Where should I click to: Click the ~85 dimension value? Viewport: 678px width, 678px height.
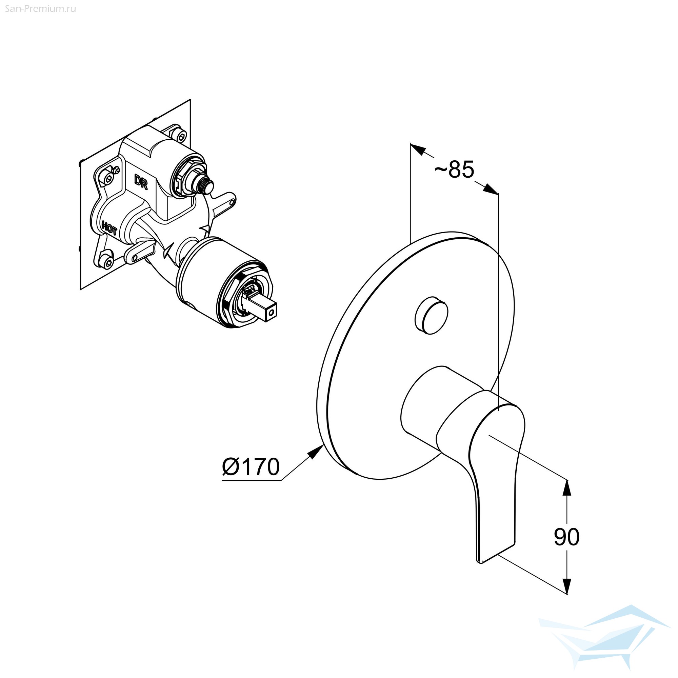click(454, 169)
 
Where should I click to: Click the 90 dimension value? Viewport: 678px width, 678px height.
click(566, 537)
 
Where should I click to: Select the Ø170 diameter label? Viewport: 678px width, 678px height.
click(251, 466)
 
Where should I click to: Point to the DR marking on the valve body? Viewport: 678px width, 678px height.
click(141, 181)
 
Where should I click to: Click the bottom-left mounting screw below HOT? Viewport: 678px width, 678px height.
click(107, 260)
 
